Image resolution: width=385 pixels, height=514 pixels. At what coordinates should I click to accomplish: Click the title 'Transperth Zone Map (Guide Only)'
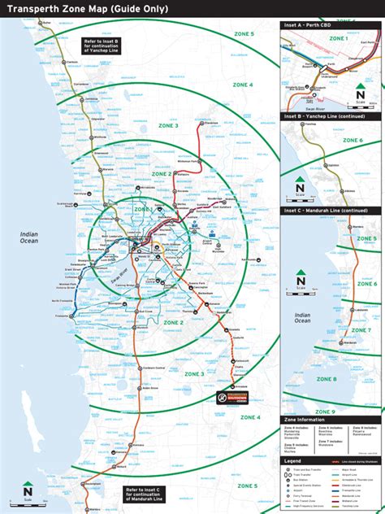tap(88, 8)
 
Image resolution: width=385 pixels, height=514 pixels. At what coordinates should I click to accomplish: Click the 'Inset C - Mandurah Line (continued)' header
tap(328, 211)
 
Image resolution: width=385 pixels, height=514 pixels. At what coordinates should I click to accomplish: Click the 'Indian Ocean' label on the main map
tap(29, 237)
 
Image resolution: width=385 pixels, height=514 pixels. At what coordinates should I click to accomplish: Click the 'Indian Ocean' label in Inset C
tap(302, 317)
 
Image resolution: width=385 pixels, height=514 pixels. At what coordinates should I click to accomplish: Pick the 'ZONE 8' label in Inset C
tap(326, 379)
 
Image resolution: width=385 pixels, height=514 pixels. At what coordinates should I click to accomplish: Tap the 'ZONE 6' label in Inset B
tap(353, 141)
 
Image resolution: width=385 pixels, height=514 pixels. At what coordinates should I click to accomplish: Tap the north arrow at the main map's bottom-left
tap(28, 490)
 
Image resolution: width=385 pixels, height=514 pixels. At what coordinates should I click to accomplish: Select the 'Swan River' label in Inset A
tap(311, 106)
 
